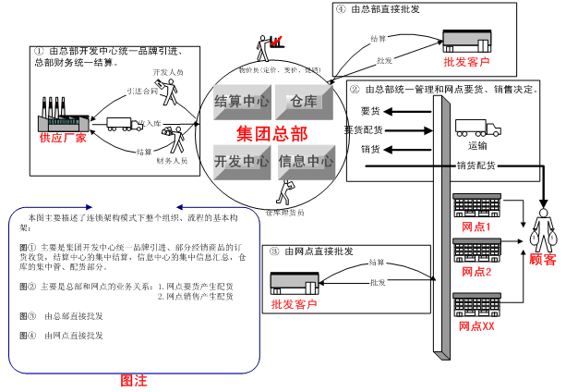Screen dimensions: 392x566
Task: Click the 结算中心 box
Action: coord(241,101)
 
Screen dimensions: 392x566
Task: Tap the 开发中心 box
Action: coord(241,161)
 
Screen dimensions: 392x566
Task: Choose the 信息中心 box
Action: coord(305,161)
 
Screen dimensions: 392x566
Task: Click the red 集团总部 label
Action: coord(271,131)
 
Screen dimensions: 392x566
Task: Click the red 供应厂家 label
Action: coord(62,138)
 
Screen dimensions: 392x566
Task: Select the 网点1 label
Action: coord(476,227)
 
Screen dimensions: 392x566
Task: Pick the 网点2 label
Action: coord(476,272)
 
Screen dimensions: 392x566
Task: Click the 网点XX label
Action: coord(476,326)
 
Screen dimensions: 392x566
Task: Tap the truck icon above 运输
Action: coord(478,130)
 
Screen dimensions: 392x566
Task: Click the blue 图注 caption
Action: coord(135,380)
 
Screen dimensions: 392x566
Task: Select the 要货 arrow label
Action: coord(370,111)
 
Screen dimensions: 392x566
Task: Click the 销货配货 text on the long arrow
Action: coord(476,165)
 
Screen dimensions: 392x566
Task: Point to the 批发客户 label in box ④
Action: coord(466,63)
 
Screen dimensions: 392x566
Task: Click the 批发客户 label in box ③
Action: coord(294,304)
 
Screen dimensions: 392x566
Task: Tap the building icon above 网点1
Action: coord(476,206)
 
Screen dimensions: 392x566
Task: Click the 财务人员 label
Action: coord(172,160)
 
